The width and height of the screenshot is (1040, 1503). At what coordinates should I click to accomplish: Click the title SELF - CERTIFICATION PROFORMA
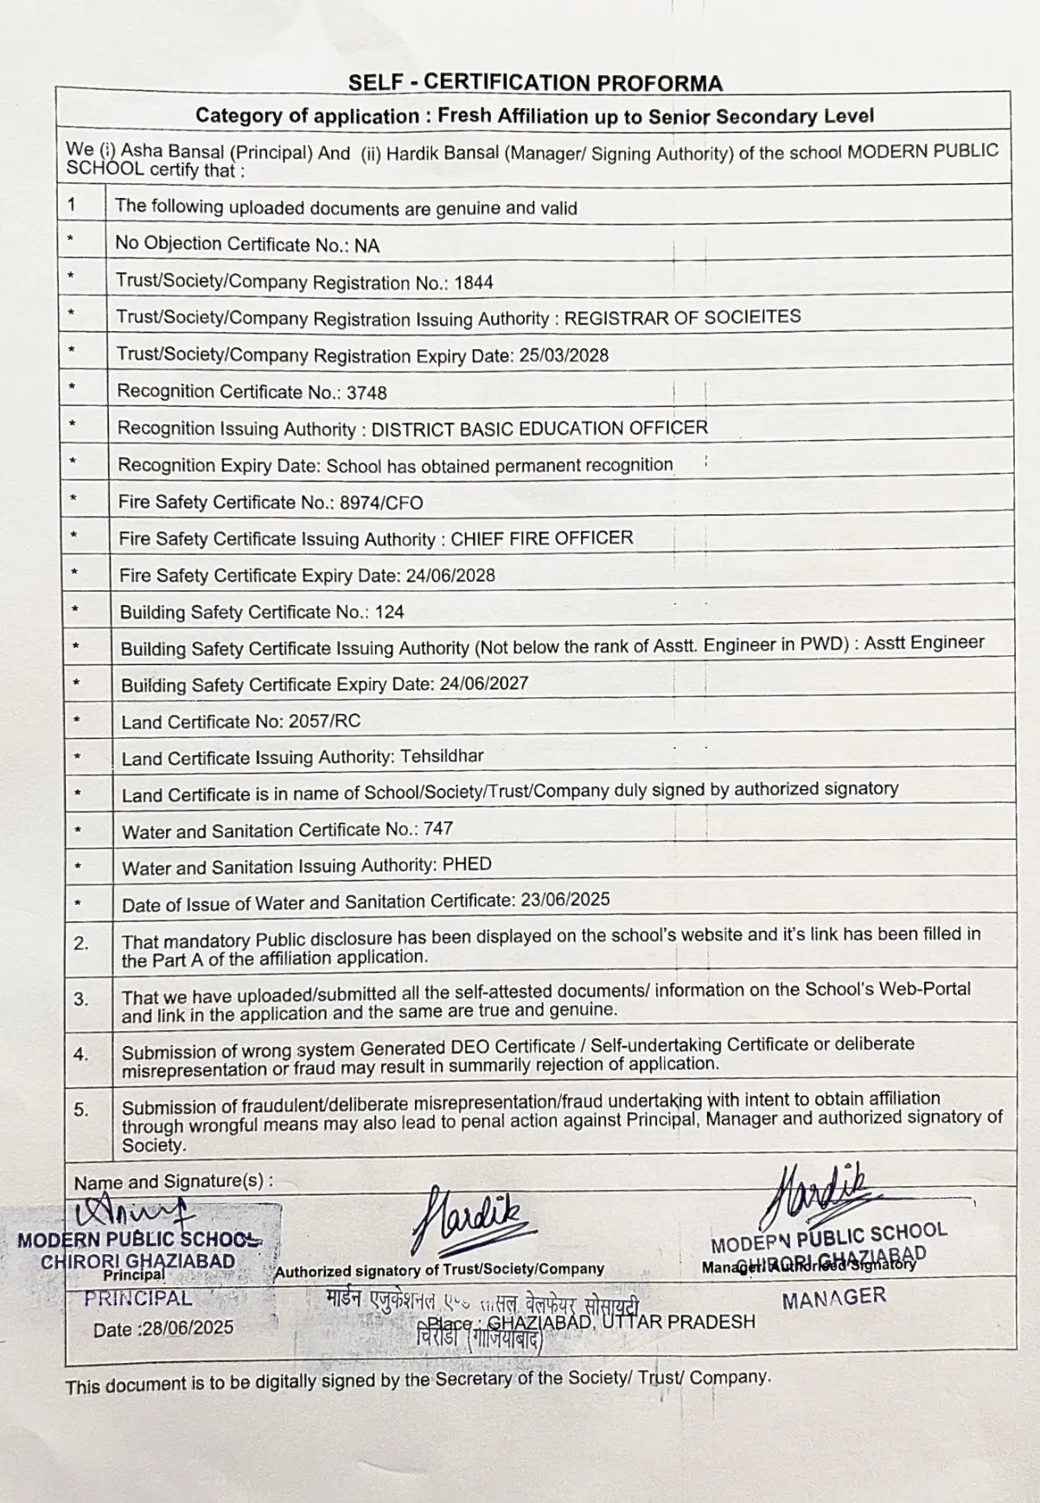pyautogui.click(x=535, y=83)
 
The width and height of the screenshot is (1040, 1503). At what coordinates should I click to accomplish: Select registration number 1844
pyautogui.click(x=474, y=283)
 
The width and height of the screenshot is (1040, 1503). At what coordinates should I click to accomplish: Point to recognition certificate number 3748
pyautogui.click(x=367, y=392)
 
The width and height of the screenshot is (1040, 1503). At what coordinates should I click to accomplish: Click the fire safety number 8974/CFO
pyautogui.click(x=381, y=502)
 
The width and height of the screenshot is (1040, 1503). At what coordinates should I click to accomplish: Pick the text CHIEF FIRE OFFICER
pyautogui.click(x=542, y=538)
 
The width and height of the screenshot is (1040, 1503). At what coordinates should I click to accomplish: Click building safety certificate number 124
pyautogui.click(x=390, y=612)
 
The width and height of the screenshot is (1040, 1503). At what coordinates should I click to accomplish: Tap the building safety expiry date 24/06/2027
pyautogui.click(x=483, y=684)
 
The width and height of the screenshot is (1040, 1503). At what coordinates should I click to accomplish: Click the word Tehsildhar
pyautogui.click(x=442, y=756)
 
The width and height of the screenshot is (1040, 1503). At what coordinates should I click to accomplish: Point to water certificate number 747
pyautogui.click(x=438, y=829)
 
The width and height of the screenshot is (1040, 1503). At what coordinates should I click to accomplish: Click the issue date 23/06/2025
pyautogui.click(x=565, y=900)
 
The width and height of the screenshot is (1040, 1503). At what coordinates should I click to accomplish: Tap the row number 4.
pyautogui.click(x=81, y=1054)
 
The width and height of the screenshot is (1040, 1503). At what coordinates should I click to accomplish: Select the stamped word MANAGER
pyautogui.click(x=833, y=1297)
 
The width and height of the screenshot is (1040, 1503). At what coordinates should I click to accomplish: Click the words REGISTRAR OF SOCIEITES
pyautogui.click(x=682, y=316)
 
